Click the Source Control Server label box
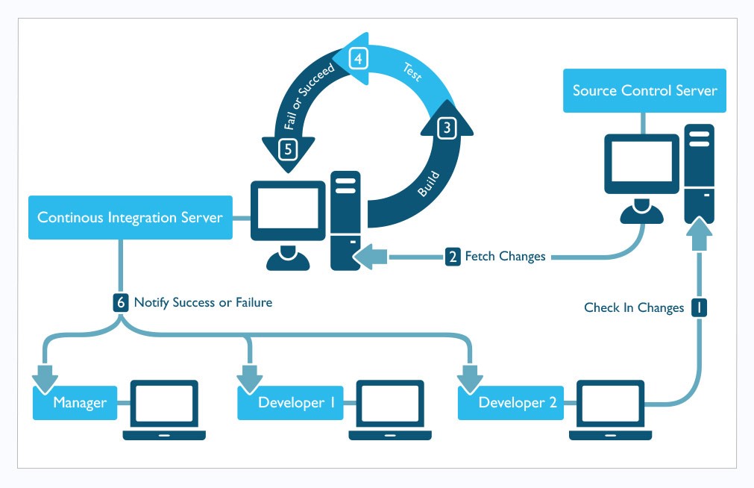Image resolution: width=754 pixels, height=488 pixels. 644,91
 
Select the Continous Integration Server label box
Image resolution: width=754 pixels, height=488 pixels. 130,218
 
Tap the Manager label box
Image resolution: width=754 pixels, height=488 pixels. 79,403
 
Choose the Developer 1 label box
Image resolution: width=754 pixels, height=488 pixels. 291,403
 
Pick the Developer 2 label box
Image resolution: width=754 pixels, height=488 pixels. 512,403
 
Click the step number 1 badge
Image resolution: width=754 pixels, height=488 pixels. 699,307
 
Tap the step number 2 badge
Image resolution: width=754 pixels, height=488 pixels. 453,257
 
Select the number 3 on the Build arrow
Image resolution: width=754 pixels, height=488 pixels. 447,128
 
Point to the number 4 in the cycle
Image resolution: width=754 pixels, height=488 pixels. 359,58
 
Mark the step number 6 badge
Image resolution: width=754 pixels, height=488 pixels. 121,302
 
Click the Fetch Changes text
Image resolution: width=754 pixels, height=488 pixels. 505,257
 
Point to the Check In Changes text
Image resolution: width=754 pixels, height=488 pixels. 633,307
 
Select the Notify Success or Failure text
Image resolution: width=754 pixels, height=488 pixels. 203,303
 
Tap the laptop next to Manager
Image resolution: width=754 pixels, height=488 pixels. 164,409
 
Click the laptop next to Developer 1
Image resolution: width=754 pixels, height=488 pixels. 389,409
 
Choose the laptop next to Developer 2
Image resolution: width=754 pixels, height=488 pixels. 610,409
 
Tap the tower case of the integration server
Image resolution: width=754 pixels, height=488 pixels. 346,220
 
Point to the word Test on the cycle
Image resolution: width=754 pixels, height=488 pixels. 411,72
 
